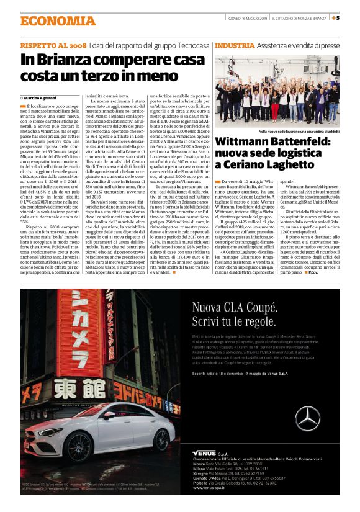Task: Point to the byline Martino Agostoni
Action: (x=41, y=98)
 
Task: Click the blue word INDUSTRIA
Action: (x=235, y=46)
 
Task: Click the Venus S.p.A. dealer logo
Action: (x=207, y=453)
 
